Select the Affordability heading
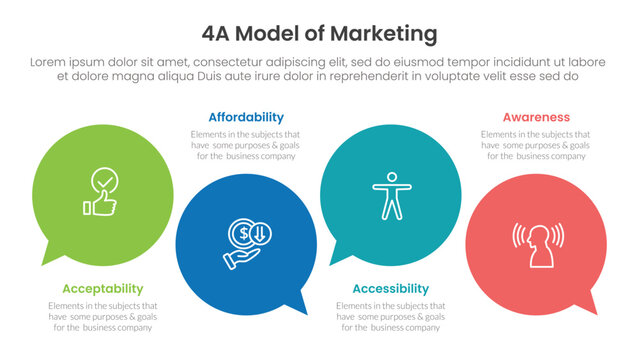[246, 117]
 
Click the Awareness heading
[536, 117]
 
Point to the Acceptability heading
[103, 289]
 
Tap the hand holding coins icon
[245, 245]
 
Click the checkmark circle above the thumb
[104, 181]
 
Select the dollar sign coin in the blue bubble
[241, 233]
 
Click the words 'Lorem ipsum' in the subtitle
[69, 61]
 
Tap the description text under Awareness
[535, 145]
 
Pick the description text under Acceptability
[102, 317]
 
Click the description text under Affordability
[246, 145]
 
